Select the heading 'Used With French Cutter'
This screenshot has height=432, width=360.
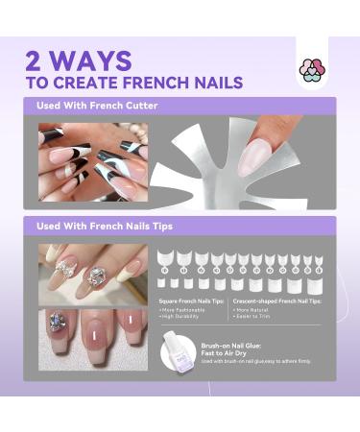[x=97, y=106]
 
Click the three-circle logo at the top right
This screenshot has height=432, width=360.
[x=309, y=69]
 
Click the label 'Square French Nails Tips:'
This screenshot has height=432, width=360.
[x=192, y=301]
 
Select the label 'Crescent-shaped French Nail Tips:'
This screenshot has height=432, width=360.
[x=277, y=301]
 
